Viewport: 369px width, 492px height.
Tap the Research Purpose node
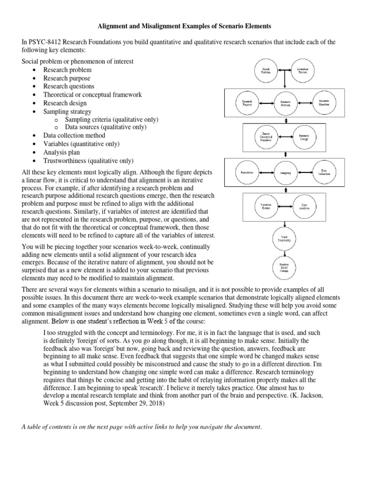point(246,102)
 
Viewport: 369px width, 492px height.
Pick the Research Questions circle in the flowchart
point(324,102)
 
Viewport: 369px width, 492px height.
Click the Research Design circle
point(304,136)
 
